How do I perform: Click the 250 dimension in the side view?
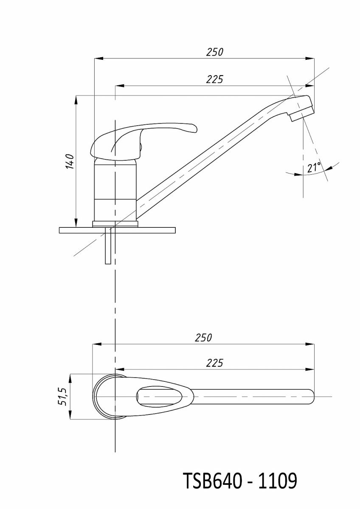(215, 52)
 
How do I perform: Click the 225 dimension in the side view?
(215, 79)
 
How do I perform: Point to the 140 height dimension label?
(70, 161)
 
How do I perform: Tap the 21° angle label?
(314, 168)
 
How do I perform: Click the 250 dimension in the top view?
(203, 338)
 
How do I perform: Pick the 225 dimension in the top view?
(215, 363)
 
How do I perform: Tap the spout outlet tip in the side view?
(302, 115)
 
